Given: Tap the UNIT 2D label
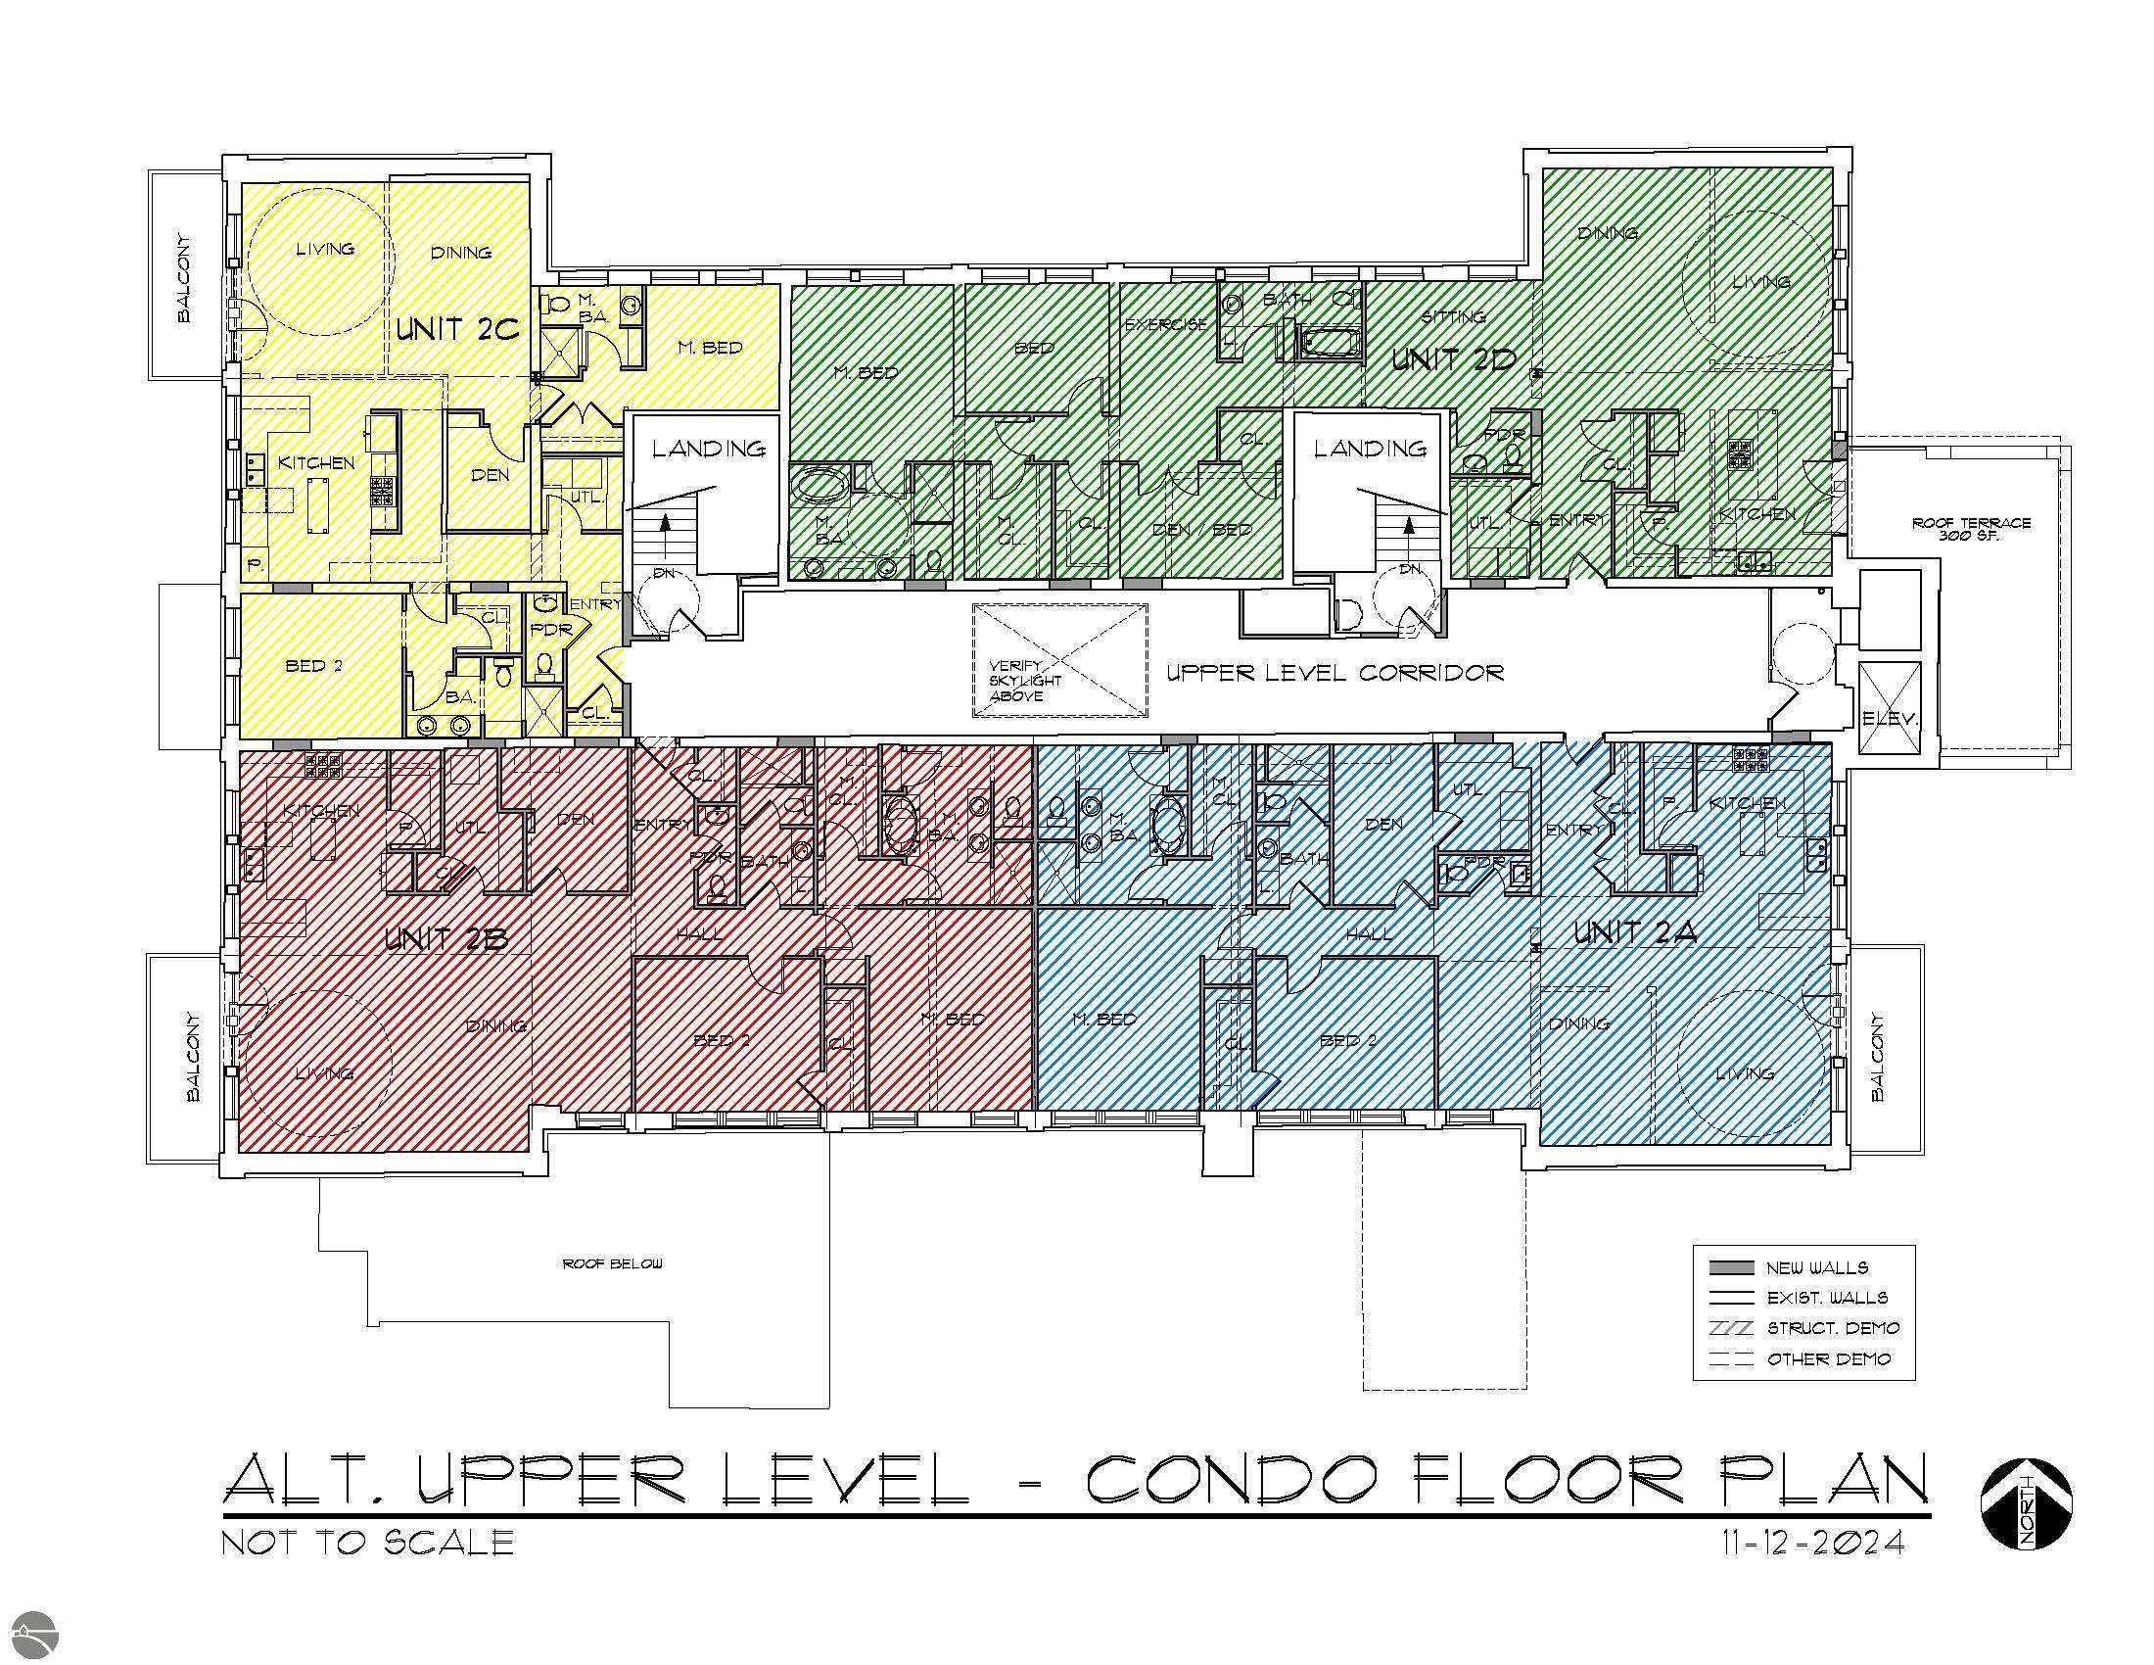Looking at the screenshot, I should tap(1453, 359).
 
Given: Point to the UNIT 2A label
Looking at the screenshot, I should tap(1634, 932).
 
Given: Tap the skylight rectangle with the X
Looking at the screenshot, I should tap(1060, 660).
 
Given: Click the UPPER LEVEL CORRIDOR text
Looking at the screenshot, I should tap(1335, 673).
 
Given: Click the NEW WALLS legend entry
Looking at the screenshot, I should tap(1815, 1268).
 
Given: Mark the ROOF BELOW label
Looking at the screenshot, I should tap(613, 1263).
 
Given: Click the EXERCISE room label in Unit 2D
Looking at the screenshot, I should tap(1166, 324).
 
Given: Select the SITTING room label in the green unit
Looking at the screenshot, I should tap(1454, 316).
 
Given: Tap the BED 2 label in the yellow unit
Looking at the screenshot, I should tap(313, 666).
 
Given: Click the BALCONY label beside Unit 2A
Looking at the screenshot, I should tap(1877, 1059).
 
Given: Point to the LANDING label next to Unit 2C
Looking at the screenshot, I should tap(708, 449).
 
